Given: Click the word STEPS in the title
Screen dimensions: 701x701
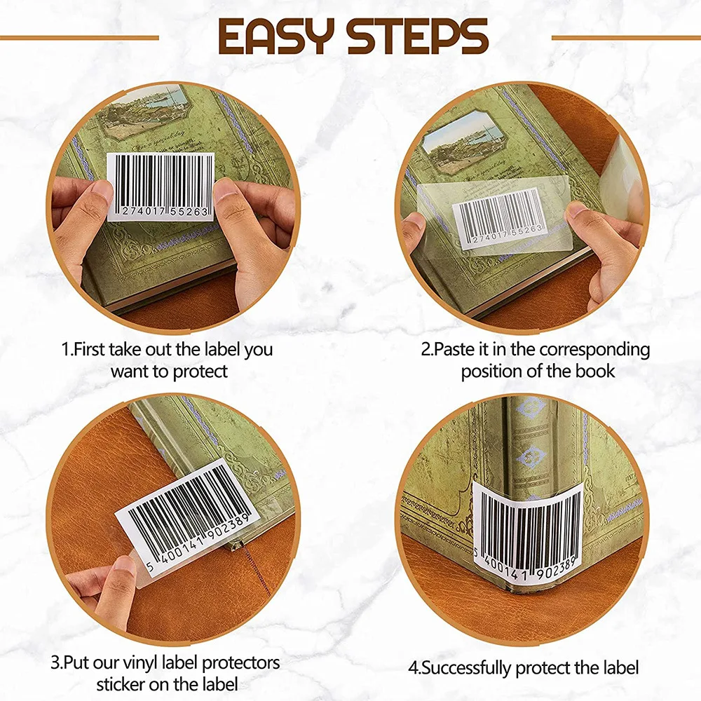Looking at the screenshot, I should (x=419, y=36).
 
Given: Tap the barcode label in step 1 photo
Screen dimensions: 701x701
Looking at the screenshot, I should (x=161, y=186).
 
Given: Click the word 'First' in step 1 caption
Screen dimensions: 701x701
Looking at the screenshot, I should (x=94, y=348).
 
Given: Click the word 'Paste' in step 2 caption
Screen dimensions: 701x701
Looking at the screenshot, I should (x=454, y=348).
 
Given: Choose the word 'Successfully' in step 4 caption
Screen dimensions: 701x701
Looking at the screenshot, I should (x=476, y=668).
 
